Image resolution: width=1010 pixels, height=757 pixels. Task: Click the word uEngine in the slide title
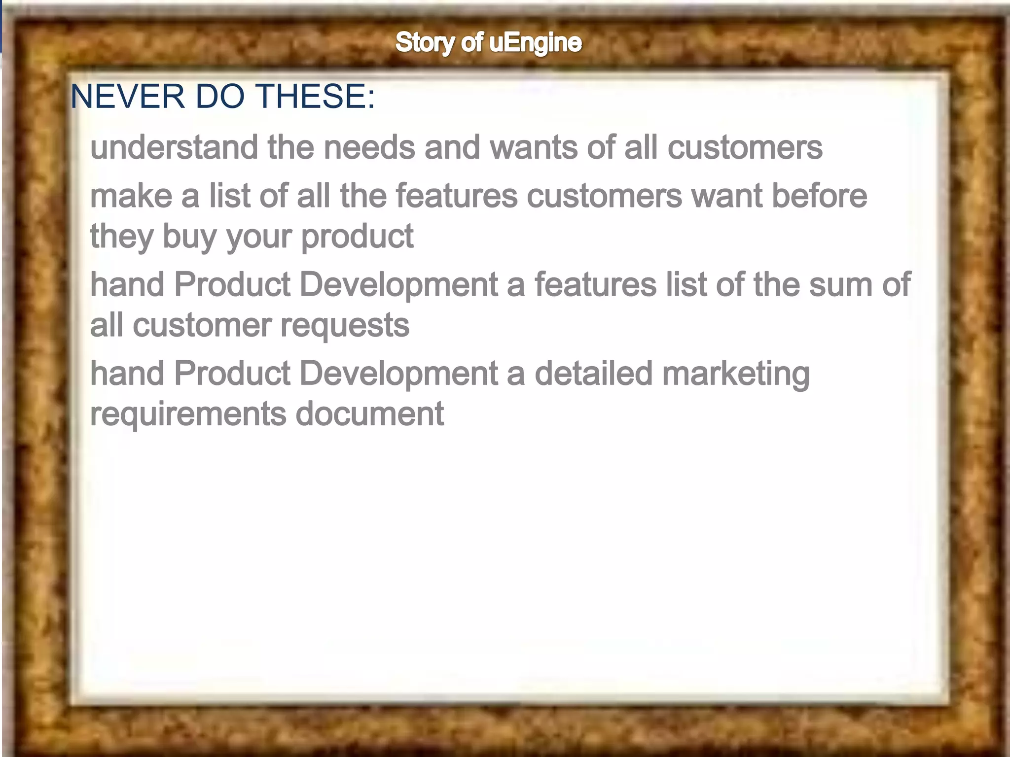tap(536, 43)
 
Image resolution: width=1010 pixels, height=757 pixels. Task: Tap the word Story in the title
tap(425, 43)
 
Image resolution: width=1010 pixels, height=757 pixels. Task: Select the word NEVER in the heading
tap(128, 96)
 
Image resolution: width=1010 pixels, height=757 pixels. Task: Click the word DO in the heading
tap(220, 96)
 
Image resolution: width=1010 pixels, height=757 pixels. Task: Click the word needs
tap(369, 147)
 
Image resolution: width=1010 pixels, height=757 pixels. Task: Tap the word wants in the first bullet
tap(534, 147)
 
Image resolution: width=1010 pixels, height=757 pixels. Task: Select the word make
tap(131, 196)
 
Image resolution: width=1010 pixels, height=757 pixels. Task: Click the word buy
tap(189, 237)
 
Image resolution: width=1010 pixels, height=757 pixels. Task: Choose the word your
tap(258, 237)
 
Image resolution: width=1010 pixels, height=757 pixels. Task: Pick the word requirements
tap(188, 414)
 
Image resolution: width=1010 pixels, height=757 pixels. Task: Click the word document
tap(369, 413)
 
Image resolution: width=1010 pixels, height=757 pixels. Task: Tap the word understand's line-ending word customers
tap(745, 147)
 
